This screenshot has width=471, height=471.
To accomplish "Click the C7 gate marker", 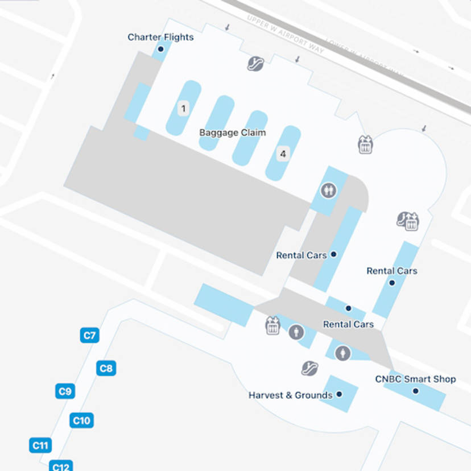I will (89, 335).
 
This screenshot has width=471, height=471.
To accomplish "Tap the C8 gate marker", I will (106, 369).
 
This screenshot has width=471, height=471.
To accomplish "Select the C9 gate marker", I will (65, 391).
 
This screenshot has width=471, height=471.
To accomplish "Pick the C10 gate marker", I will (81, 421).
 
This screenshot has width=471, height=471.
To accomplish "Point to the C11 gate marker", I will (40, 445).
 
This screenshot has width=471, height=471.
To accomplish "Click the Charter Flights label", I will (160, 38).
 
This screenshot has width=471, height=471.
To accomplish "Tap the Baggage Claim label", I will (232, 133).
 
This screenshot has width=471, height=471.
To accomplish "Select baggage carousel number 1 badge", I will (183, 108).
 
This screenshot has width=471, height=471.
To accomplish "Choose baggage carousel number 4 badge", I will (283, 154).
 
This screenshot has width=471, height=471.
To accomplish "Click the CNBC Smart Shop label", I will (415, 379).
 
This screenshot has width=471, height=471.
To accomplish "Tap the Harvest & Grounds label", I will (290, 395).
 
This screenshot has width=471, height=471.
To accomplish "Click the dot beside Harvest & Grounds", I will (339, 394).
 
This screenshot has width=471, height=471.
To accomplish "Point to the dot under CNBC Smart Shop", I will (415, 391).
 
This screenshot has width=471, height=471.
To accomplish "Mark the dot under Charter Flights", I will (160, 49).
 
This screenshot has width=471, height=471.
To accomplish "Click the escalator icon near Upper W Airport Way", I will (255, 63).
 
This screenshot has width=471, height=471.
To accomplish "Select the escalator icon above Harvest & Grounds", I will (309, 368).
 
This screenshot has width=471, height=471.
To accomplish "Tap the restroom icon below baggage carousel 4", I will (328, 191).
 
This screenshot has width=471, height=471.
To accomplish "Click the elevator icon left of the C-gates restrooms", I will (273, 326).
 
